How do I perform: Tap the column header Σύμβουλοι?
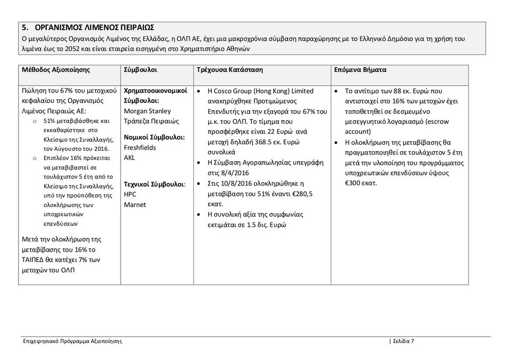tap(140, 70)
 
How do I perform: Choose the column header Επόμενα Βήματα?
tap(360, 70)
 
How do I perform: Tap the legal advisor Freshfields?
tap(140, 148)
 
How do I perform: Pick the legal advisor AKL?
tap(129, 158)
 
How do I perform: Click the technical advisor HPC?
tap(130, 194)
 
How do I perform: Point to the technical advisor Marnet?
tap(134, 204)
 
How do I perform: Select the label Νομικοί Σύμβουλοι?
tap(154, 138)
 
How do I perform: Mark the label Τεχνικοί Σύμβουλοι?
tap(155, 184)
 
